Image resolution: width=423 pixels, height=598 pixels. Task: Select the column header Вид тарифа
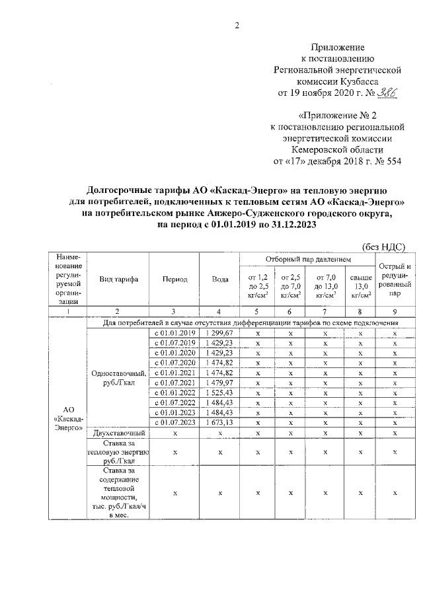pos(118,280)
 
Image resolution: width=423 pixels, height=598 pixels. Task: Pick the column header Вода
pos(220,280)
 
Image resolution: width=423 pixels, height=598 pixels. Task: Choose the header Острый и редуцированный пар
pos(394,278)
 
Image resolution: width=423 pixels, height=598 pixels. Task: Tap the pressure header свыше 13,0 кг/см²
pos(360,285)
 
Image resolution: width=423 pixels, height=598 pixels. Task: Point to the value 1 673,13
pos(220,422)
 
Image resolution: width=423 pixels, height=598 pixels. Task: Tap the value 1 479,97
pos(220,383)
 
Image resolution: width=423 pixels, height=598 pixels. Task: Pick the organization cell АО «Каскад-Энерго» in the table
pos(68,419)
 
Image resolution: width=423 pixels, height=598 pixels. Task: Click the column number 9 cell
pos(394,311)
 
